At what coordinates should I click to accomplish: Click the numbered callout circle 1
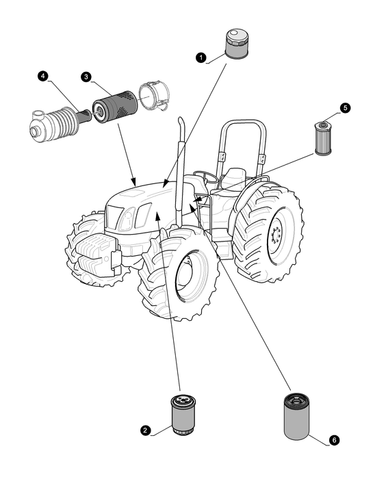(x=201, y=57)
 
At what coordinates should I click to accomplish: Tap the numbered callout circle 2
(x=146, y=430)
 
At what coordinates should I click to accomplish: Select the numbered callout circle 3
(x=86, y=77)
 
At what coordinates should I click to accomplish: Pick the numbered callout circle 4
(x=43, y=76)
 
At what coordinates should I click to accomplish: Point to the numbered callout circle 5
(x=346, y=108)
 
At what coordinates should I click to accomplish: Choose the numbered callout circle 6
(x=334, y=440)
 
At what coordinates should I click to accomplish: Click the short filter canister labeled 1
(x=236, y=43)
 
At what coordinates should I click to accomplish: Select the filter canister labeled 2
(x=183, y=414)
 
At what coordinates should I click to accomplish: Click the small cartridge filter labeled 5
(x=323, y=138)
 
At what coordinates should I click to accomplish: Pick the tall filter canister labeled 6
(x=296, y=417)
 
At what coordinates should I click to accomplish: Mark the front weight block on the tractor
(x=96, y=253)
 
